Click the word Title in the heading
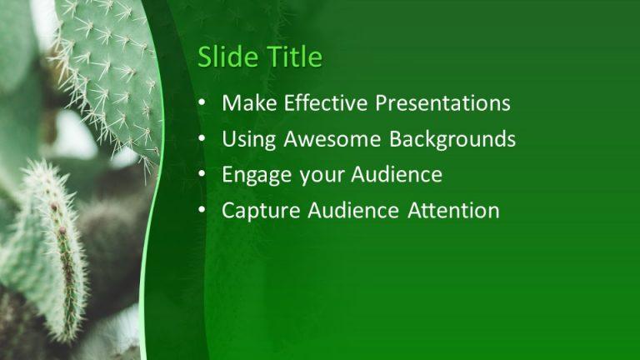click(x=293, y=57)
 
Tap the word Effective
click(x=327, y=103)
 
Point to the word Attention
click(x=453, y=211)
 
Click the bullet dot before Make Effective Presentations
click(x=202, y=104)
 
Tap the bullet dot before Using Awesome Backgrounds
click(x=202, y=140)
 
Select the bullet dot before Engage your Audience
click(x=202, y=176)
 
